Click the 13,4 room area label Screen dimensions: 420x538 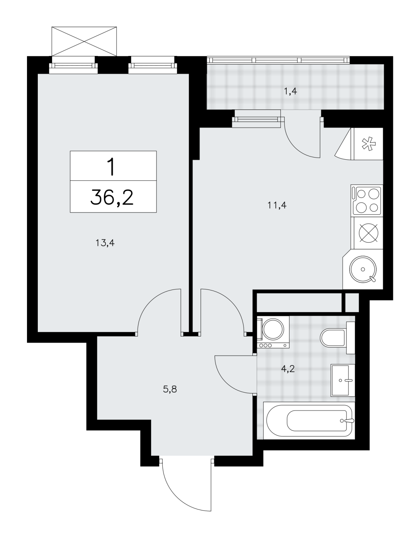coord(105,243)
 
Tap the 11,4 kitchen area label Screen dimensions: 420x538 coord(277,205)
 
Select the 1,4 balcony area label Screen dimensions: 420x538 coord(290,92)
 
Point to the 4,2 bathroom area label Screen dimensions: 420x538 coord(288,369)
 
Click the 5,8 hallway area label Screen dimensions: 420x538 coord(170,389)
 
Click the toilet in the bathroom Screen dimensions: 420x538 coord(337,338)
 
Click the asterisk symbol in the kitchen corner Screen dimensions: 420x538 coord(369,144)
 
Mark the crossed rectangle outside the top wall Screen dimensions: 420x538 coord(84,41)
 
